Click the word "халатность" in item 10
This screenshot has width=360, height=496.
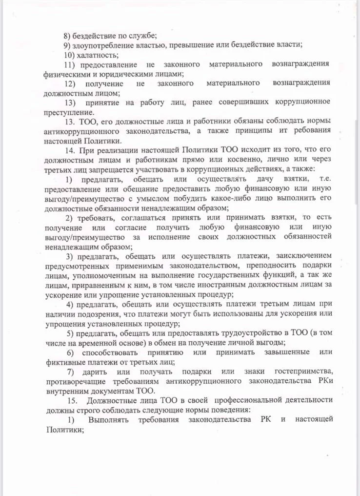(x=96, y=54)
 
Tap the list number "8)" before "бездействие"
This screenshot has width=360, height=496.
(x=68, y=35)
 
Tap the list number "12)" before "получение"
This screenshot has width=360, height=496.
(x=70, y=83)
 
